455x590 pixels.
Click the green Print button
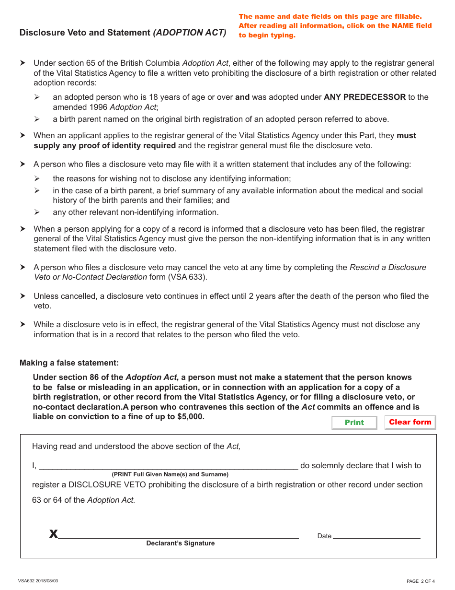[354, 422]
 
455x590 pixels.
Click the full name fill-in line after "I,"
[168, 465]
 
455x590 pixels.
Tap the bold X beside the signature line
[53, 534]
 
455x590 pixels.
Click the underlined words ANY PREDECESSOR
[364, 97]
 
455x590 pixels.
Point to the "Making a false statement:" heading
[69, 363]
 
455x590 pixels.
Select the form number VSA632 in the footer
[27, 581]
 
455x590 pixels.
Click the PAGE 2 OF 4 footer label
[421, 581]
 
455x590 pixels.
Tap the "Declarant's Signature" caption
[181, 543]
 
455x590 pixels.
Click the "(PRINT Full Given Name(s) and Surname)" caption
[170, 474]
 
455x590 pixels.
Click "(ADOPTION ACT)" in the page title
[189, 33]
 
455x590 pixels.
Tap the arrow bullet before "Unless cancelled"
[23, 296]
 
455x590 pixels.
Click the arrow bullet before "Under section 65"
[23, 63]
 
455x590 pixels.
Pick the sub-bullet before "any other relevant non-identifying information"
[37, 212]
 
